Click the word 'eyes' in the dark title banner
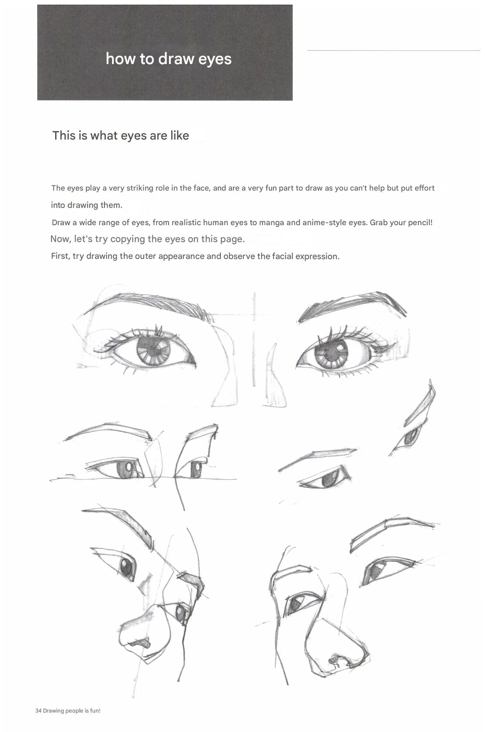[215, 59]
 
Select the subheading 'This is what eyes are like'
[121, 135]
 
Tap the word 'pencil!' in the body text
[419, 222]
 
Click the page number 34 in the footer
[38, 710]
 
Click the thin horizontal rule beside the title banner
[394, 51]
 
